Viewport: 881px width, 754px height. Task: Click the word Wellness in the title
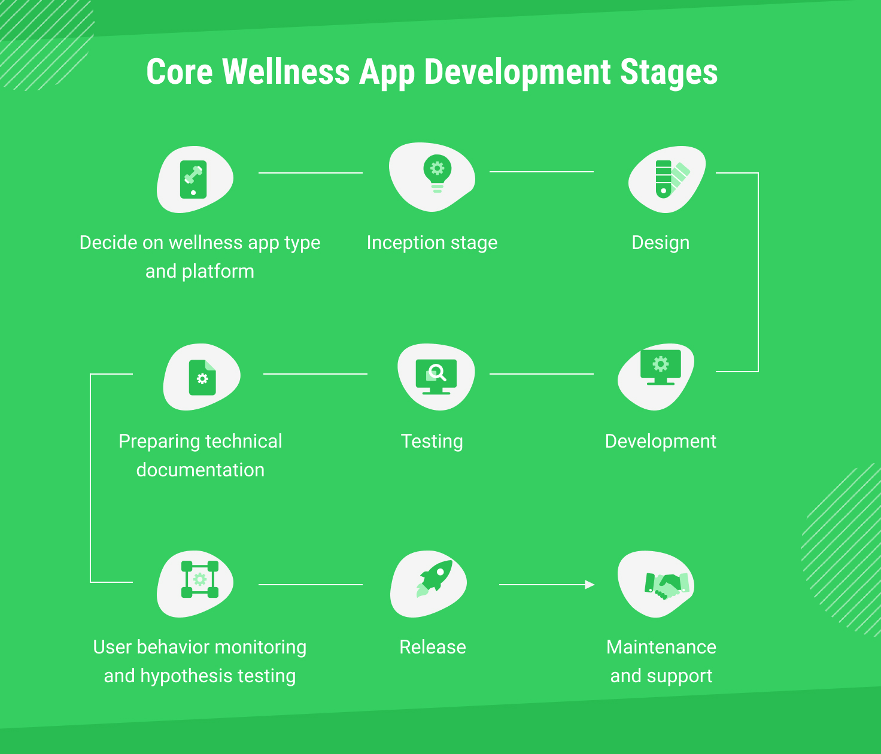pyautogui.click(x=285, y=72)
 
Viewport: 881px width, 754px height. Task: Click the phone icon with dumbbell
pyautogui.click(x=193, y=180)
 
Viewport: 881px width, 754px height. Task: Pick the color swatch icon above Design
pyautogui.click(x=673, y=180)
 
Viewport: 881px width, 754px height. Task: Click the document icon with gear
pyautogui.click(x=202, y=377)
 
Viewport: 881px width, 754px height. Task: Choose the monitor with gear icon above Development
pyautogui.click(x=661, y=367)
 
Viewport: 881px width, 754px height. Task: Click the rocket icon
pyautogui.click(x=435, y=579)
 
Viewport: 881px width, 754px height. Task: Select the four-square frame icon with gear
pyautogui.click(x=200, y=579)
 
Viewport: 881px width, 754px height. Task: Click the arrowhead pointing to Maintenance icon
pyautogui.click(x=590, y=585)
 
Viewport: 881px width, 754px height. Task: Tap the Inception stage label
pyautogui.click(x=432, y=243)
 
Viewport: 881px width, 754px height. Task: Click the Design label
pyautogui.click(x=660, y=243)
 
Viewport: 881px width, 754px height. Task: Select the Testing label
pyautogui.click(x=432, y=442)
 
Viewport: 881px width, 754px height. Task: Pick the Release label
pyautogui.click(x=433, y=647)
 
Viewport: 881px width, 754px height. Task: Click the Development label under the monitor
pyautogui.click(x=660, y=442)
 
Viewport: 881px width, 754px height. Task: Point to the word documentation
pyautogui.click(x=200, y=470)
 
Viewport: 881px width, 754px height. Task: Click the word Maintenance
pyautogui.click(x=661, y=647)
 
